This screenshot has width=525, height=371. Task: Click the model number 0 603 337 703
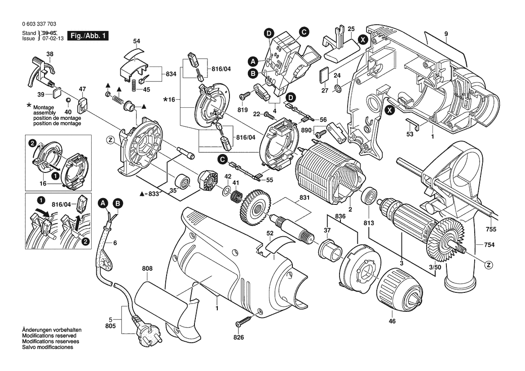pos(39,24)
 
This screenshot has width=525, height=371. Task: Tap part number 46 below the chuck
pos(392,322)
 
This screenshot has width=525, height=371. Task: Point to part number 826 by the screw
pos(238,337)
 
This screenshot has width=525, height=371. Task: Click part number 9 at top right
pos(446,34)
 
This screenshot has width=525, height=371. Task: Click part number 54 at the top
pos(137,41)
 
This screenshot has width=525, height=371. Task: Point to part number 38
pos(50,54)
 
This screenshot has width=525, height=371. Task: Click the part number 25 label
pos(351,29)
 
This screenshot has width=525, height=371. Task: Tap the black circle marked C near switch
pos(304,31)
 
